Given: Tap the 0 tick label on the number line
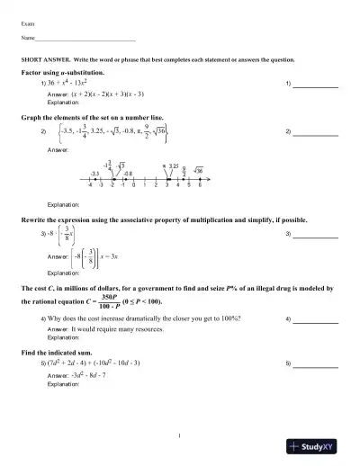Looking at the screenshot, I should (133, 185).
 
